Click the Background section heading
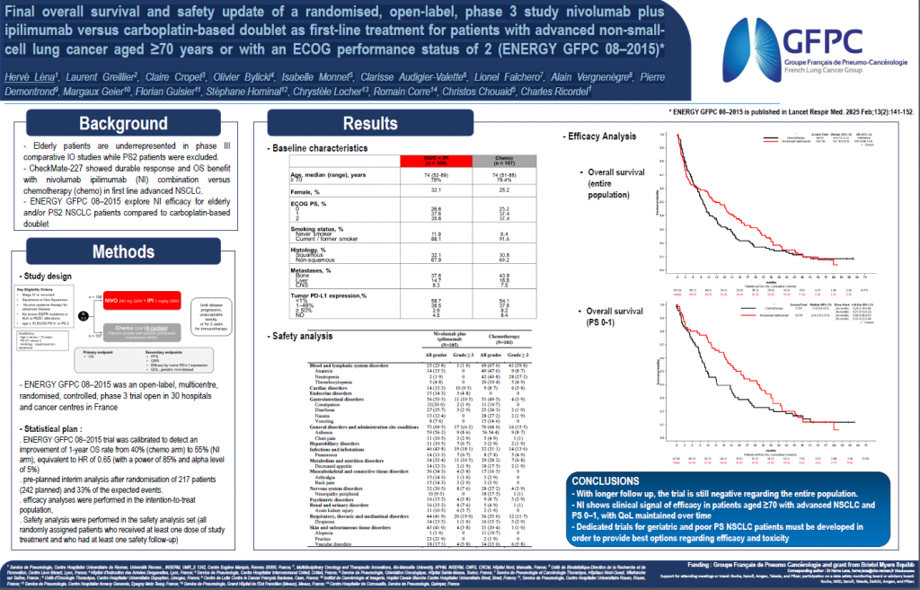(122, 125)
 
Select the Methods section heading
(122, 251)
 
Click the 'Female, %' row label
(305, 190)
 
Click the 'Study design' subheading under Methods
(45, 275)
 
